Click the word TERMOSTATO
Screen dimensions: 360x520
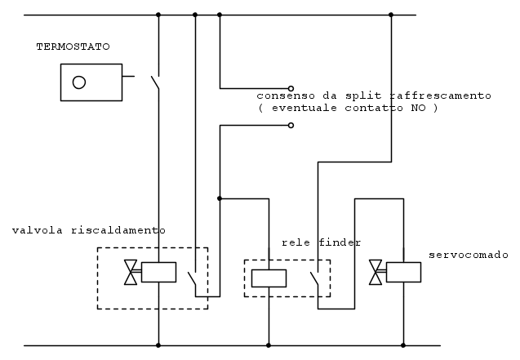tap(73, 47)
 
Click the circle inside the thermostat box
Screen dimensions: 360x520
tap(79, 82)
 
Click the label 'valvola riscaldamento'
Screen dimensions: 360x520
tap(88, 230)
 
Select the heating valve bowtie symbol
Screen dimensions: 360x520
tap(130, 272)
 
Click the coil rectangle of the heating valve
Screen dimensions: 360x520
tap(158, 272)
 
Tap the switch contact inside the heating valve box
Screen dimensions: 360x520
tap(193, 282)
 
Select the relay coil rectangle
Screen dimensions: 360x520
tap(268, 278)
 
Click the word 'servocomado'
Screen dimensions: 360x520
tap(469, 255)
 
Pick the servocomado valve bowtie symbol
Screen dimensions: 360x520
tap(376, 272)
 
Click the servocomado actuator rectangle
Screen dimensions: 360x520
tap(403, 272)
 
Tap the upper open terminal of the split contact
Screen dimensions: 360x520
tap(291, 87)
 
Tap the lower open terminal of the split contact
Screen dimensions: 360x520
tap(291, 126)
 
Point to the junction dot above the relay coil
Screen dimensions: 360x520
tap(220, 198)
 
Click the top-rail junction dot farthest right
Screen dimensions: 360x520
tap(391, 15)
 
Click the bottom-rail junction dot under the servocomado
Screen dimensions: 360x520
tap(404, 345)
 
